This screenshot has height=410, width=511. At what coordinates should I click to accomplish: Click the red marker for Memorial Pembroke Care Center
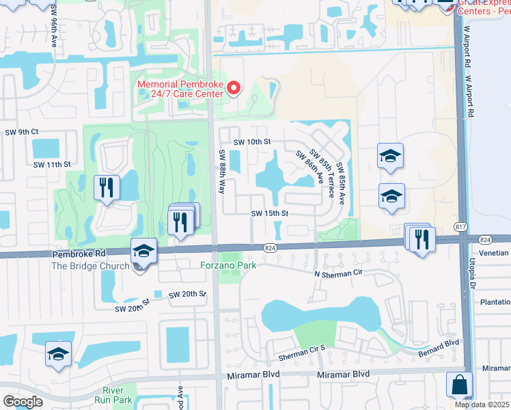click(x=234, y=87)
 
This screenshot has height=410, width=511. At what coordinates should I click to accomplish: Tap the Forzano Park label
click(x=228, y=265)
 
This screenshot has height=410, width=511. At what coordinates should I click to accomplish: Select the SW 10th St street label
click(x=252, y=141)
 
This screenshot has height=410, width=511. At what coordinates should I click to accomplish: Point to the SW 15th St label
click(x=270, y=214)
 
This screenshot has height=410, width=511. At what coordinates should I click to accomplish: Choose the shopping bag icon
click(x=459, y=385)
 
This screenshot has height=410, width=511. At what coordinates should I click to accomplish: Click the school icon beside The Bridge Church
click(x=143, y=251)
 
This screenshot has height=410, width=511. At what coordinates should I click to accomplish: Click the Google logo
click(x=22, y=402)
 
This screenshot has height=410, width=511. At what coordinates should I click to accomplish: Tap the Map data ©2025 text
click(x=482, y=405)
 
